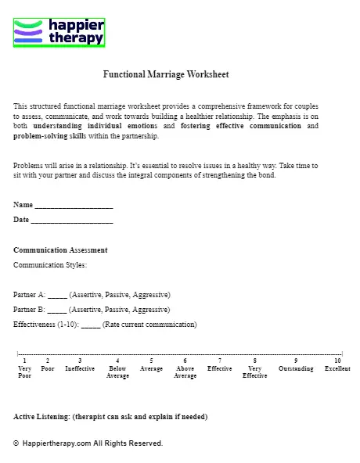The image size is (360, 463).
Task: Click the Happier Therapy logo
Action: pos(59,32)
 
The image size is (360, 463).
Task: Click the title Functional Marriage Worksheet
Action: pos(166,75)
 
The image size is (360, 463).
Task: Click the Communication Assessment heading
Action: pos(60,250)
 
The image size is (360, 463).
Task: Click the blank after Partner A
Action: pos(57,296)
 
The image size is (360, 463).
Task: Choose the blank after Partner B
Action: pos(57,310)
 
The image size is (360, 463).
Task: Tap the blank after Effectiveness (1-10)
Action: pos(91,325)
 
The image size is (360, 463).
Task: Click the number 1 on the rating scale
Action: pos(24,361)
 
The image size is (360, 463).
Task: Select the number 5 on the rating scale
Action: pos(151,361)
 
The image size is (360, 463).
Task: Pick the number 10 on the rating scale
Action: pos(337,361)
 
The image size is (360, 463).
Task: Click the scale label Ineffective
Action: pos(80,368)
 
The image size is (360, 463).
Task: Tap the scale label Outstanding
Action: pos(296,368)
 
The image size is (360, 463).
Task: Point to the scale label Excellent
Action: pos(337,368)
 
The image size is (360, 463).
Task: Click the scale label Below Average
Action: pos(117,371)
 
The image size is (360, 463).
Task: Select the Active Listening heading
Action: pos(110,417)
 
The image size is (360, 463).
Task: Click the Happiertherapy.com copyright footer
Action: pos(88,443)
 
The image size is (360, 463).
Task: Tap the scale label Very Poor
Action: pos(24,371)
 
